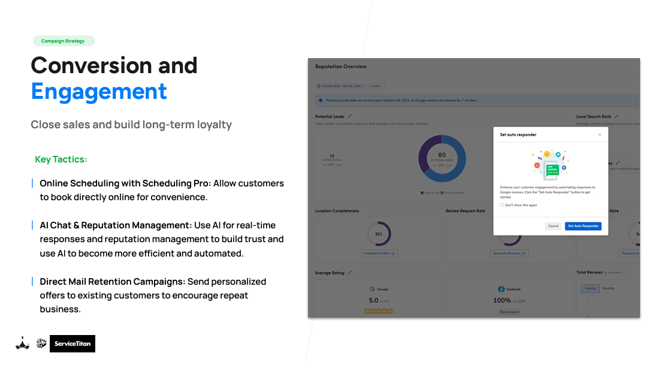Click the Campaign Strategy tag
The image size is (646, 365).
[x=63, y=41]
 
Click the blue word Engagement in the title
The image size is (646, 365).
[x=99, y=92]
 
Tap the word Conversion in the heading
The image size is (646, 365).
[x=83, y=65]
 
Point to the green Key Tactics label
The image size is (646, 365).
[x=61, y=159]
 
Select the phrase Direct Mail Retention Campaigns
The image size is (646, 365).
[x=113, y=282]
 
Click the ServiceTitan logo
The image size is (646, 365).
[x=73, y=343]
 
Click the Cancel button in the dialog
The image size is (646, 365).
[x=553, y=226]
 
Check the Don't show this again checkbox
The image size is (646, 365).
[x=502, y=205]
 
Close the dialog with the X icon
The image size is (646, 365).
[x=600, y=135]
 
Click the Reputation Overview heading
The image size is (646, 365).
[x=340, y=67]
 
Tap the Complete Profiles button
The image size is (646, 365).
[x=379, y=254]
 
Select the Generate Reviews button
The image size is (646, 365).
[x=509, y=254]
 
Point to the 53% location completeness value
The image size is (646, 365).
[x=379, y=234]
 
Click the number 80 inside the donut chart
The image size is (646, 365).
[x=442, y=155]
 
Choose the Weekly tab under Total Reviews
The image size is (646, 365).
[x=590, y=288]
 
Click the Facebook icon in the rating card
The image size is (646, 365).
[x=501, y=289]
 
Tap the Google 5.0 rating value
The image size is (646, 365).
[x=373, y=300]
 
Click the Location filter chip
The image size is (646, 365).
[x=376, y=86]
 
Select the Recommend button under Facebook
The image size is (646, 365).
[x=509, y=312]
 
